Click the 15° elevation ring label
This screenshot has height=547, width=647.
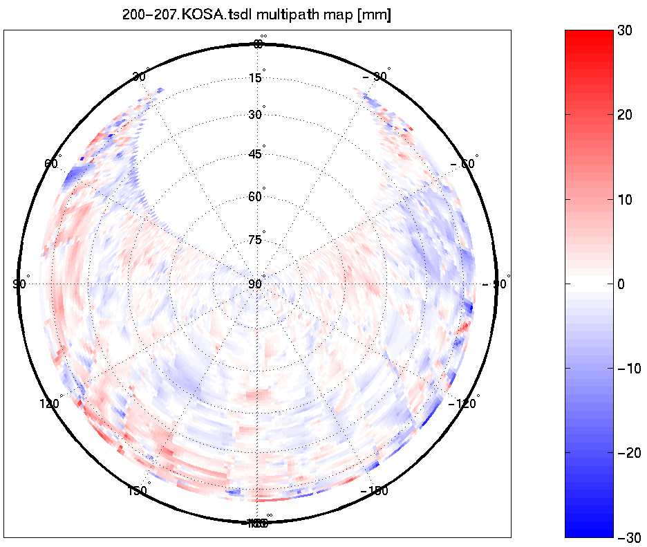coord(256,78)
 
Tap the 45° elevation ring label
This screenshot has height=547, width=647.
coord(256,154)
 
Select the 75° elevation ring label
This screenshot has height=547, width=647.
coord(256,240)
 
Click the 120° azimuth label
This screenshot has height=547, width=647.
coord(50,404)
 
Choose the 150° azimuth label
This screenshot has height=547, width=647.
coord(138,491)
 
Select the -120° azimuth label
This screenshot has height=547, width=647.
coord(465,404)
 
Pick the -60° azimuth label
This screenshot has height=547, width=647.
coord(463,164)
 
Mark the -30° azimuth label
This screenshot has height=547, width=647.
coord(377,77)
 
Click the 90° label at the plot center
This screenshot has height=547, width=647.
coord(256,284)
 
